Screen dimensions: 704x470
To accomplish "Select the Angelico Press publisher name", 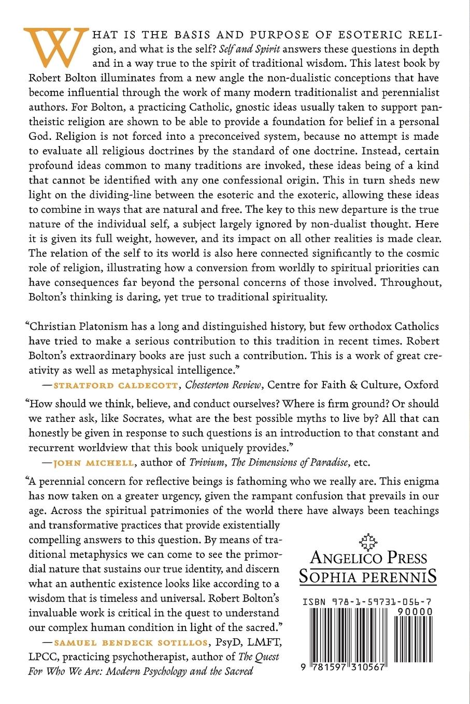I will (368, 558).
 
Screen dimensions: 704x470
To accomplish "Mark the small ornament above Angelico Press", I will (368, 540).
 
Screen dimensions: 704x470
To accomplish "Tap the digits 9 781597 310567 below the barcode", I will (342, 668).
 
